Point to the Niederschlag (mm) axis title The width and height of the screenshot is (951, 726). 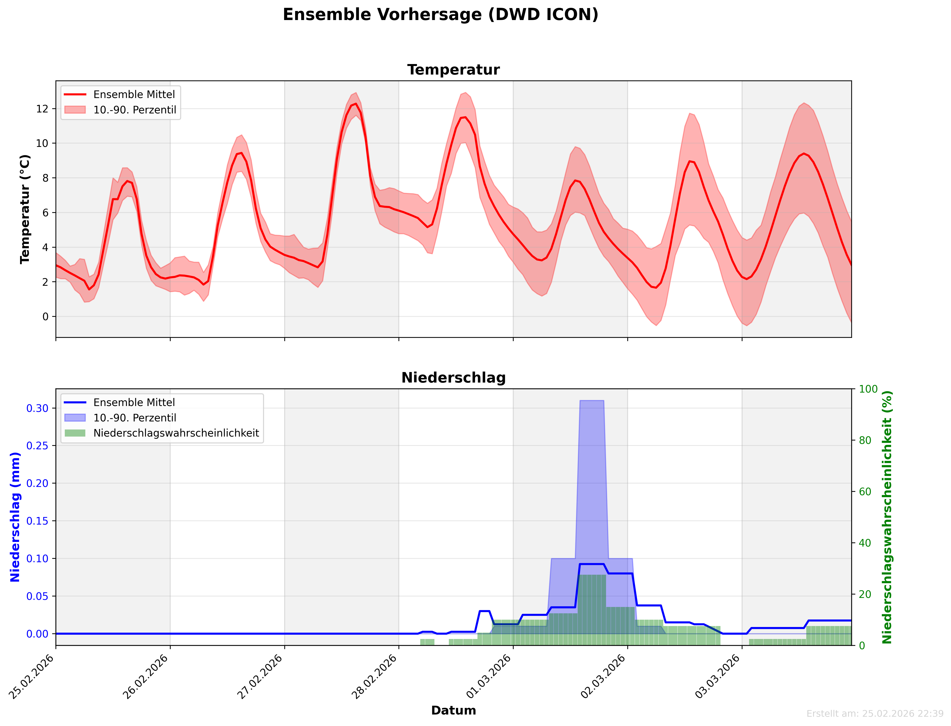[x=15, y=517]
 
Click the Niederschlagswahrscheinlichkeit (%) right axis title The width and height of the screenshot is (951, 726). [x=887, y=517]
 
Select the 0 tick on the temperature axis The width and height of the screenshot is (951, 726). [x=45, y=317]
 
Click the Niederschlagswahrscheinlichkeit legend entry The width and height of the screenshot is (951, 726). [x=176, y=433]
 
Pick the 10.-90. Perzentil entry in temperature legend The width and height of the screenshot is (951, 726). [x=134, y=110]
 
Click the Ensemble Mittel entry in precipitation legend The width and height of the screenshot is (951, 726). [x=134, y=402]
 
